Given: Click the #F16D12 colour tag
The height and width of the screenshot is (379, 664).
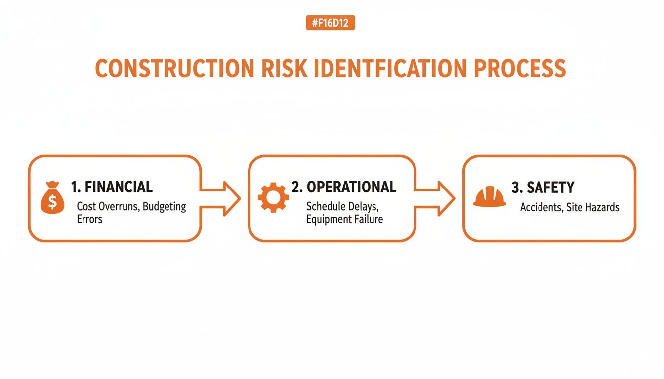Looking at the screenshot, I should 330,23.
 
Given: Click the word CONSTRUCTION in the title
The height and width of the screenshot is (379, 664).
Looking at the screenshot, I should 170,69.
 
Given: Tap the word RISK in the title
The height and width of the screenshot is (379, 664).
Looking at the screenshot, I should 278,69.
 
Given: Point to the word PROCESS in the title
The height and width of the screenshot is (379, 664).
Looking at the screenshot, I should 520,69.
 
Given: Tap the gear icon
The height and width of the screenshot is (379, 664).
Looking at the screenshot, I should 273,198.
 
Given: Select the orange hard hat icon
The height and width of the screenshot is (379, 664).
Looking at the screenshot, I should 489,197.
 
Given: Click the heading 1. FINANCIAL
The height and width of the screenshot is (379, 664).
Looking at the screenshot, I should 112,187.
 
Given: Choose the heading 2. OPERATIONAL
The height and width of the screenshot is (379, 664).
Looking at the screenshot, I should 344,187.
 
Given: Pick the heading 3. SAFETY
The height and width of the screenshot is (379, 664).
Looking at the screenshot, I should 542,188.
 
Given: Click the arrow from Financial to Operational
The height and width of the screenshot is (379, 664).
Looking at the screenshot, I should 221,198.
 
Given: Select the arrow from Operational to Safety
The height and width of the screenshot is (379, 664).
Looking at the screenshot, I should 435,198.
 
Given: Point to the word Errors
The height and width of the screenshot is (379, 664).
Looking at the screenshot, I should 89,219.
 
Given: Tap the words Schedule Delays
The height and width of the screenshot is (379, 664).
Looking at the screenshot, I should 338,206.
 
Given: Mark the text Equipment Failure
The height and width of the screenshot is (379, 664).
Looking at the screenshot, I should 344,219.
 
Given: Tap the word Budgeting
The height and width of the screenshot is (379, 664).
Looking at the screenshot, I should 164,207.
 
